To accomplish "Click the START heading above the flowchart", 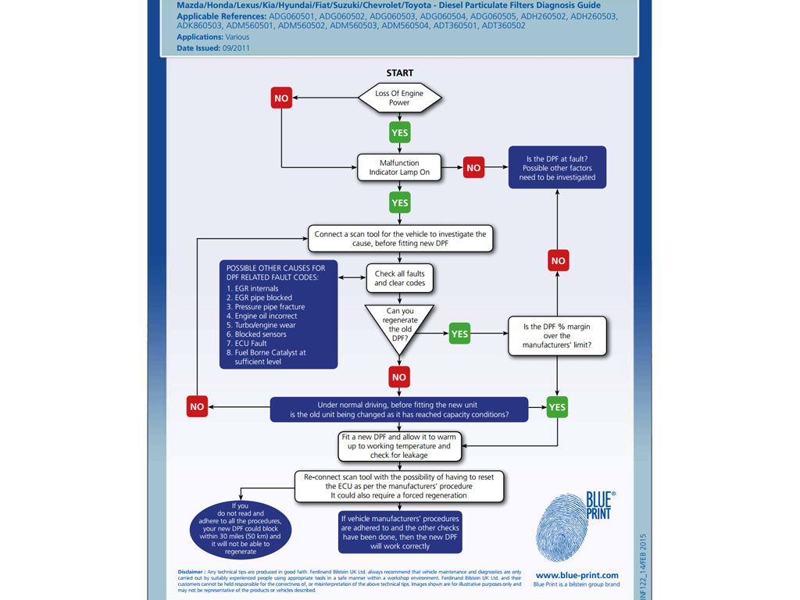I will coord(399,73).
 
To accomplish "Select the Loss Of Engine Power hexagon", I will coord(399,98).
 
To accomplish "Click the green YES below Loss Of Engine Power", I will coord(399,132).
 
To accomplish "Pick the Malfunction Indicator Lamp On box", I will coord(399,167).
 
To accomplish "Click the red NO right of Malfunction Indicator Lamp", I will coord(473,167).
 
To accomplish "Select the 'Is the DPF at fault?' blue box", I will coord(557,167).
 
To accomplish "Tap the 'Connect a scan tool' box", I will coord(400,238).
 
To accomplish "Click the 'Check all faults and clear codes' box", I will coord(399,278).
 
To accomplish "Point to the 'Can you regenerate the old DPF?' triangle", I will coord(399,326).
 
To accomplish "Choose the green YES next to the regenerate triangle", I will coord(459,334).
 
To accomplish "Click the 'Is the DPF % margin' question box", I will coord(557,335).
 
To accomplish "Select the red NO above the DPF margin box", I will coord(558,260).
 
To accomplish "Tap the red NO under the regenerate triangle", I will coord(399,377).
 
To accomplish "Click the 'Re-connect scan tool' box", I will coord(399,485).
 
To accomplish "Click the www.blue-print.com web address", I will coord(577,575).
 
